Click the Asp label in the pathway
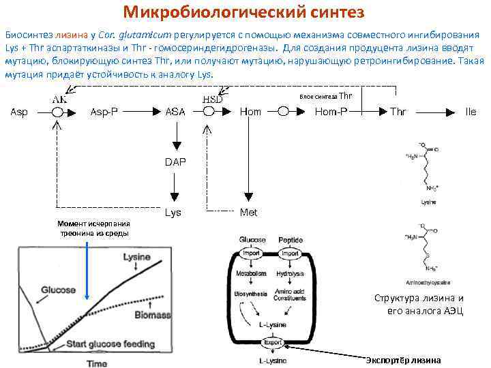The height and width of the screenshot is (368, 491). pos(19,112)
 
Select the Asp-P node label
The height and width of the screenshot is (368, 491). pos(104,112)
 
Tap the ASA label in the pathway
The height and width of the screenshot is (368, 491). pos(175,112)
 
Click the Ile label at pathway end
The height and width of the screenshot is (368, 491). pos(471,112)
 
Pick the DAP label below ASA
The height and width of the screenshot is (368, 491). pos(175,162)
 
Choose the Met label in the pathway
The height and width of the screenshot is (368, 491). pos(249,213)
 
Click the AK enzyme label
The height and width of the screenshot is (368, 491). pos(59,99)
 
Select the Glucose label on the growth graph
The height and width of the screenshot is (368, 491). pos(59,290)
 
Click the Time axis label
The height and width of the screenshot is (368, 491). pos(96,363)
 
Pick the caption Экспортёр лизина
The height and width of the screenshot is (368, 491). pos(403,360)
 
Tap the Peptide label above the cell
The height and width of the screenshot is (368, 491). pos(291,241)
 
